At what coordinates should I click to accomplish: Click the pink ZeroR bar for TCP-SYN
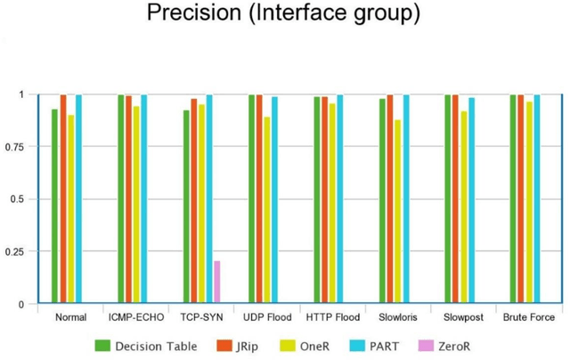pos(216,282)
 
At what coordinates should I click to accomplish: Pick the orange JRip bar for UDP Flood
pos(259,200)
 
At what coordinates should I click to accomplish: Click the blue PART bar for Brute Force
pos(537,200)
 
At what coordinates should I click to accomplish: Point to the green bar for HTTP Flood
pos(317,200)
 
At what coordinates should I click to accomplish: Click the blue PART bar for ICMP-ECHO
pos(144,200)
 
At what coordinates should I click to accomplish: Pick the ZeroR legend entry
pos(447,344)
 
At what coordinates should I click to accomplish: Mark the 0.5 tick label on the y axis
pos(17,199)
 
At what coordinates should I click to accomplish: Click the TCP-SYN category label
pos(201,317)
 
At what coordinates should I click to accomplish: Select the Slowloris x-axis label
pos(398,317)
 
